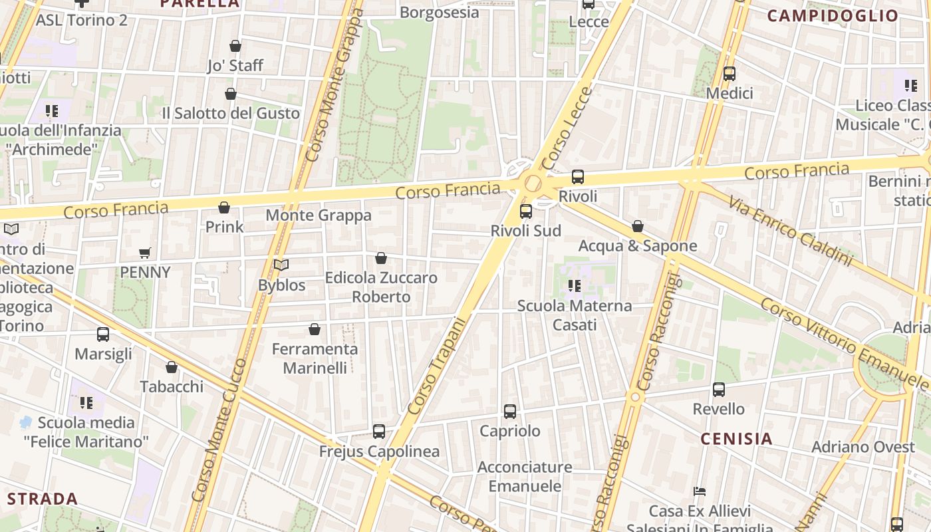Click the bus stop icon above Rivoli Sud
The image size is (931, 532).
(x=525, y=211)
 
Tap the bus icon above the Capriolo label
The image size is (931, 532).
(x=510, y=412)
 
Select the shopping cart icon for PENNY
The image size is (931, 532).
(x=145, y=253)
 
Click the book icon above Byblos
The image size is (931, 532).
(x=281, y=265)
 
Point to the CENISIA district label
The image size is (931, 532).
(x=736, y=439)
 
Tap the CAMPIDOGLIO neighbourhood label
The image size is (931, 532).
(x=833, y=16)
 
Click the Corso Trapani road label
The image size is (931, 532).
(x=437, y=366)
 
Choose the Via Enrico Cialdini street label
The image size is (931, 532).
(x=790, y=231)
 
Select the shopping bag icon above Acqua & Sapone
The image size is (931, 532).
(x=637, y=227)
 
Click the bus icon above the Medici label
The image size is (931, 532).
(x=730, y=74)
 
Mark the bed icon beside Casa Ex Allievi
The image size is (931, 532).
(x=699, y=491)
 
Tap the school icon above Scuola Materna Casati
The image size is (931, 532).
(x=574, y=287)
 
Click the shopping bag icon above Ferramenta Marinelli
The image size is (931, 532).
(x=315, y=329)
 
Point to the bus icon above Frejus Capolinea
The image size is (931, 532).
(x=379, y=432)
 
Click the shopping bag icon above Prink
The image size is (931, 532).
(x=224, y=207)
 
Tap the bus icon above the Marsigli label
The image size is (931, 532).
(x=103, y=334)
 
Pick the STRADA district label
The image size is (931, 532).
(x=43, y=499)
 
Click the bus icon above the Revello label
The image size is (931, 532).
(x=719, y=390)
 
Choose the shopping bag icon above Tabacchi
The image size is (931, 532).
(x=172, y=367)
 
